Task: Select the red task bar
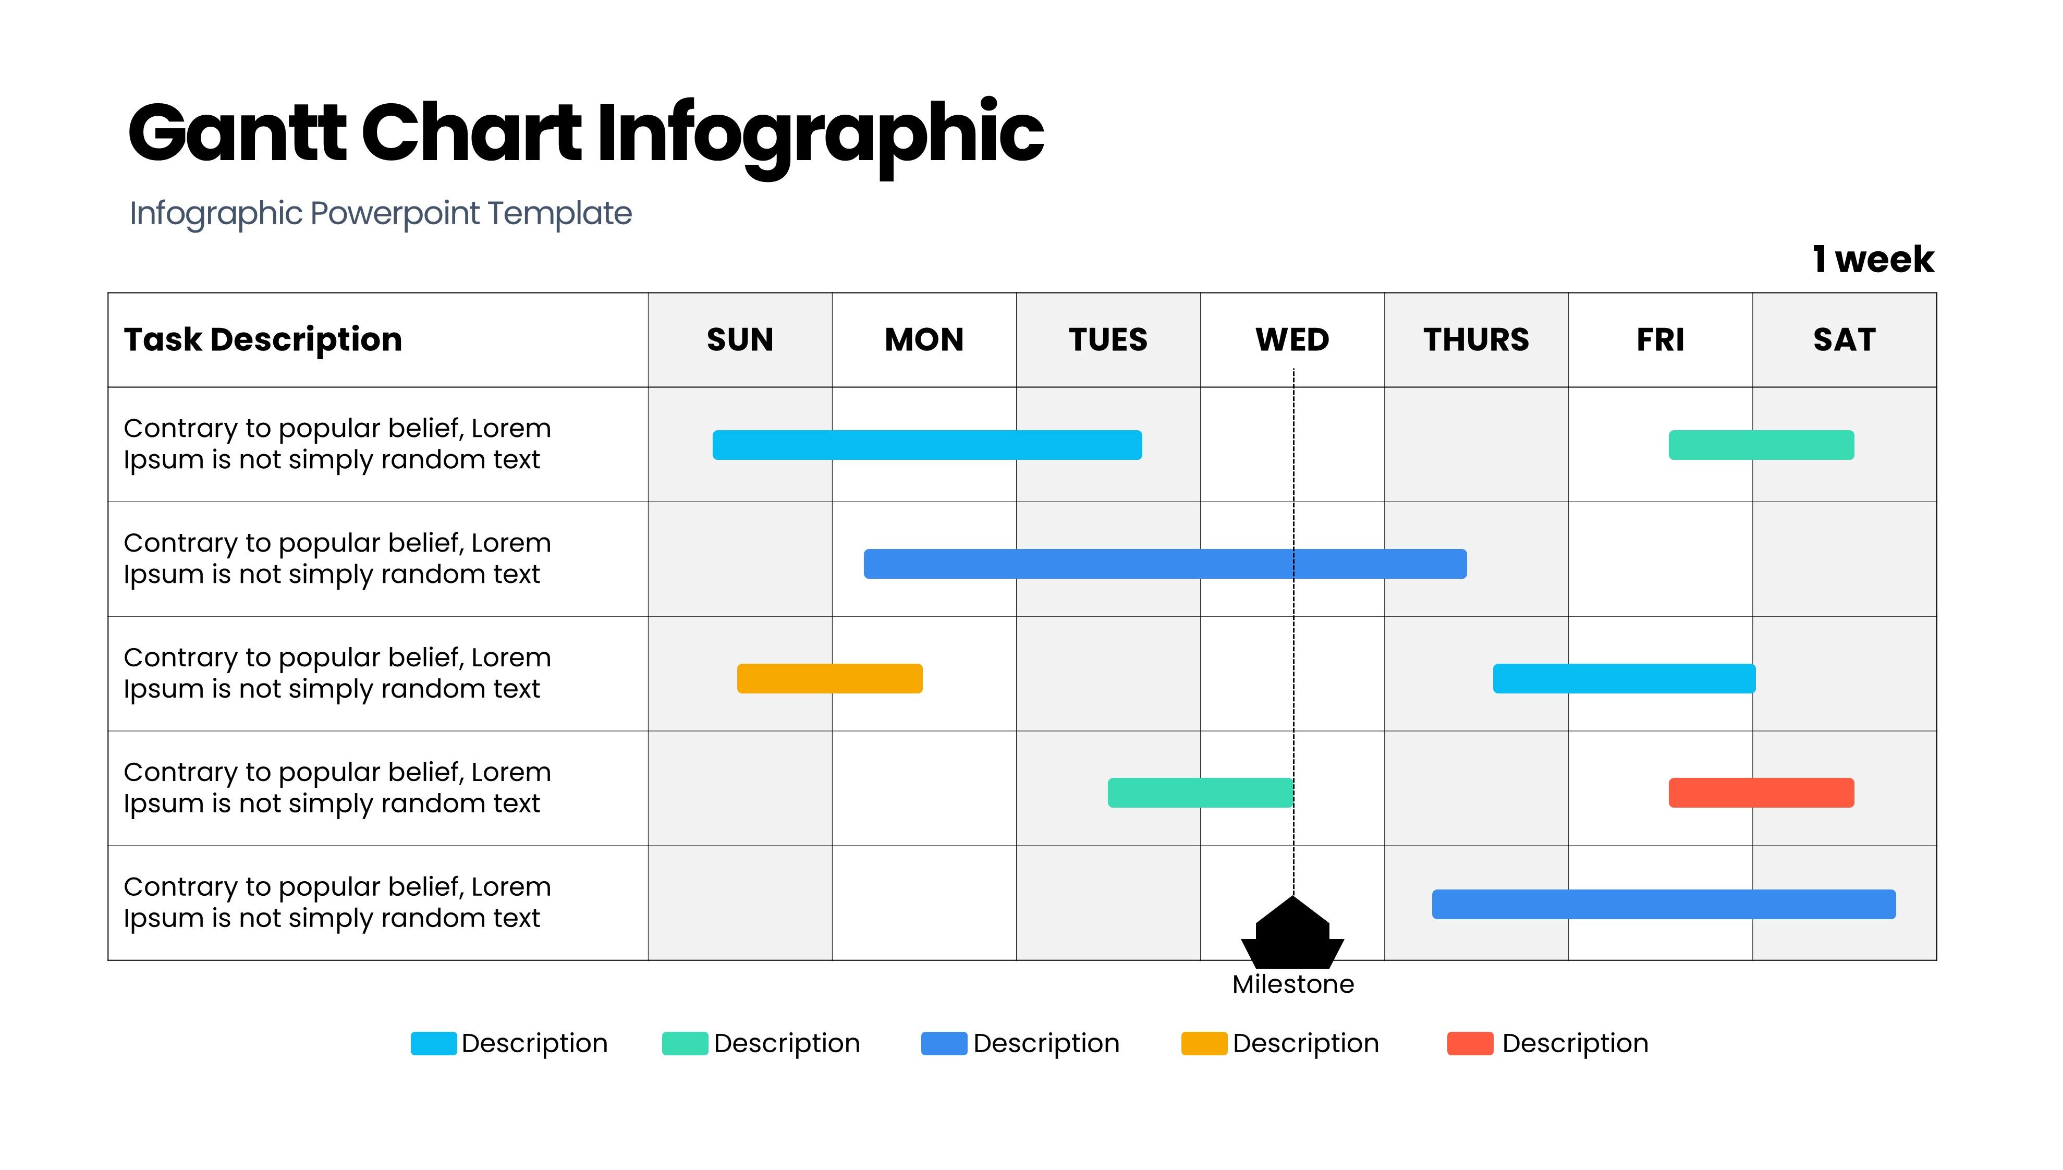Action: click(x=1761, y=793)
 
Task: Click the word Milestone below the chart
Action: click(x=1292, y=984)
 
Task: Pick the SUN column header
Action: click(x=740, y=340)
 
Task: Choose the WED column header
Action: click(x=1292, y=340)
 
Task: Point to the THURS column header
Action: click(x=1476, y=340)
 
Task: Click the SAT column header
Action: click(x=1844, y=340)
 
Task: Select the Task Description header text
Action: click(x=263, y=340)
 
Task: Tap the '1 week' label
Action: click(x=1873, y=260)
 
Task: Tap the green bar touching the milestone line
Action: click(x=1200, y=793)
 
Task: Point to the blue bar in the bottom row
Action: click(x=1663, y=904)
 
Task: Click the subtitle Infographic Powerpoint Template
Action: click(x=381, y=214)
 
